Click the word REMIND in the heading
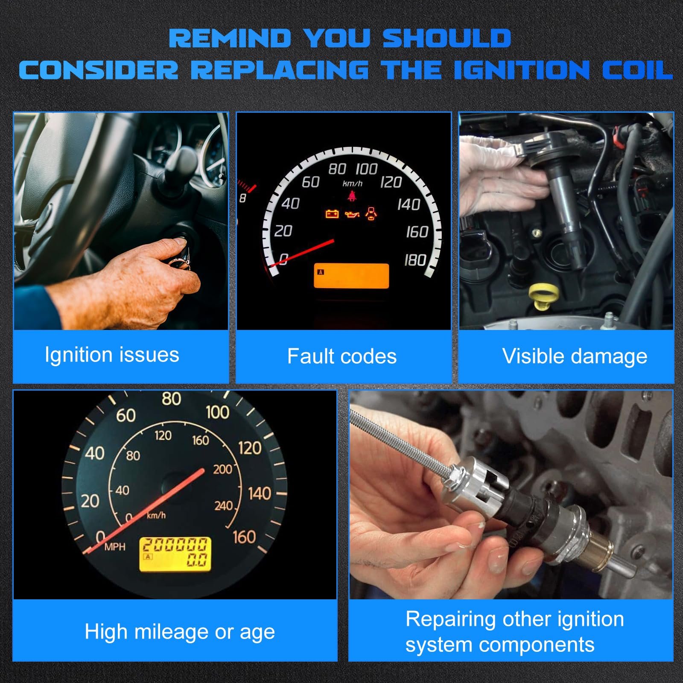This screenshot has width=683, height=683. tap(230, 38)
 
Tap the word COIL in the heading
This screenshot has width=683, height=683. tap(637, 70)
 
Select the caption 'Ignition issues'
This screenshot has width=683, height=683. tap(112, 355)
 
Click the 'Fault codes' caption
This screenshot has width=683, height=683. tap(342, 356)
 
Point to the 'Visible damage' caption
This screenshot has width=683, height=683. tap(575, 356)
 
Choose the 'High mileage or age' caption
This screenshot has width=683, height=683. tap(180, 632)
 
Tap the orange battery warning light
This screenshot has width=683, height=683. tap(332, 213)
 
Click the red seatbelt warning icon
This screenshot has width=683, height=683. tap(352, 196)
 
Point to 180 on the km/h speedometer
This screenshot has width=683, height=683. tap(415, 260)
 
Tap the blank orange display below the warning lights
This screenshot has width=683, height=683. tap(351, 276)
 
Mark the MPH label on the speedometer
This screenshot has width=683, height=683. tap(115, 547)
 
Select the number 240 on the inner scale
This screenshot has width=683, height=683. tap(223, 506)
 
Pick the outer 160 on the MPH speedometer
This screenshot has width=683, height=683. tap(244, 537)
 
